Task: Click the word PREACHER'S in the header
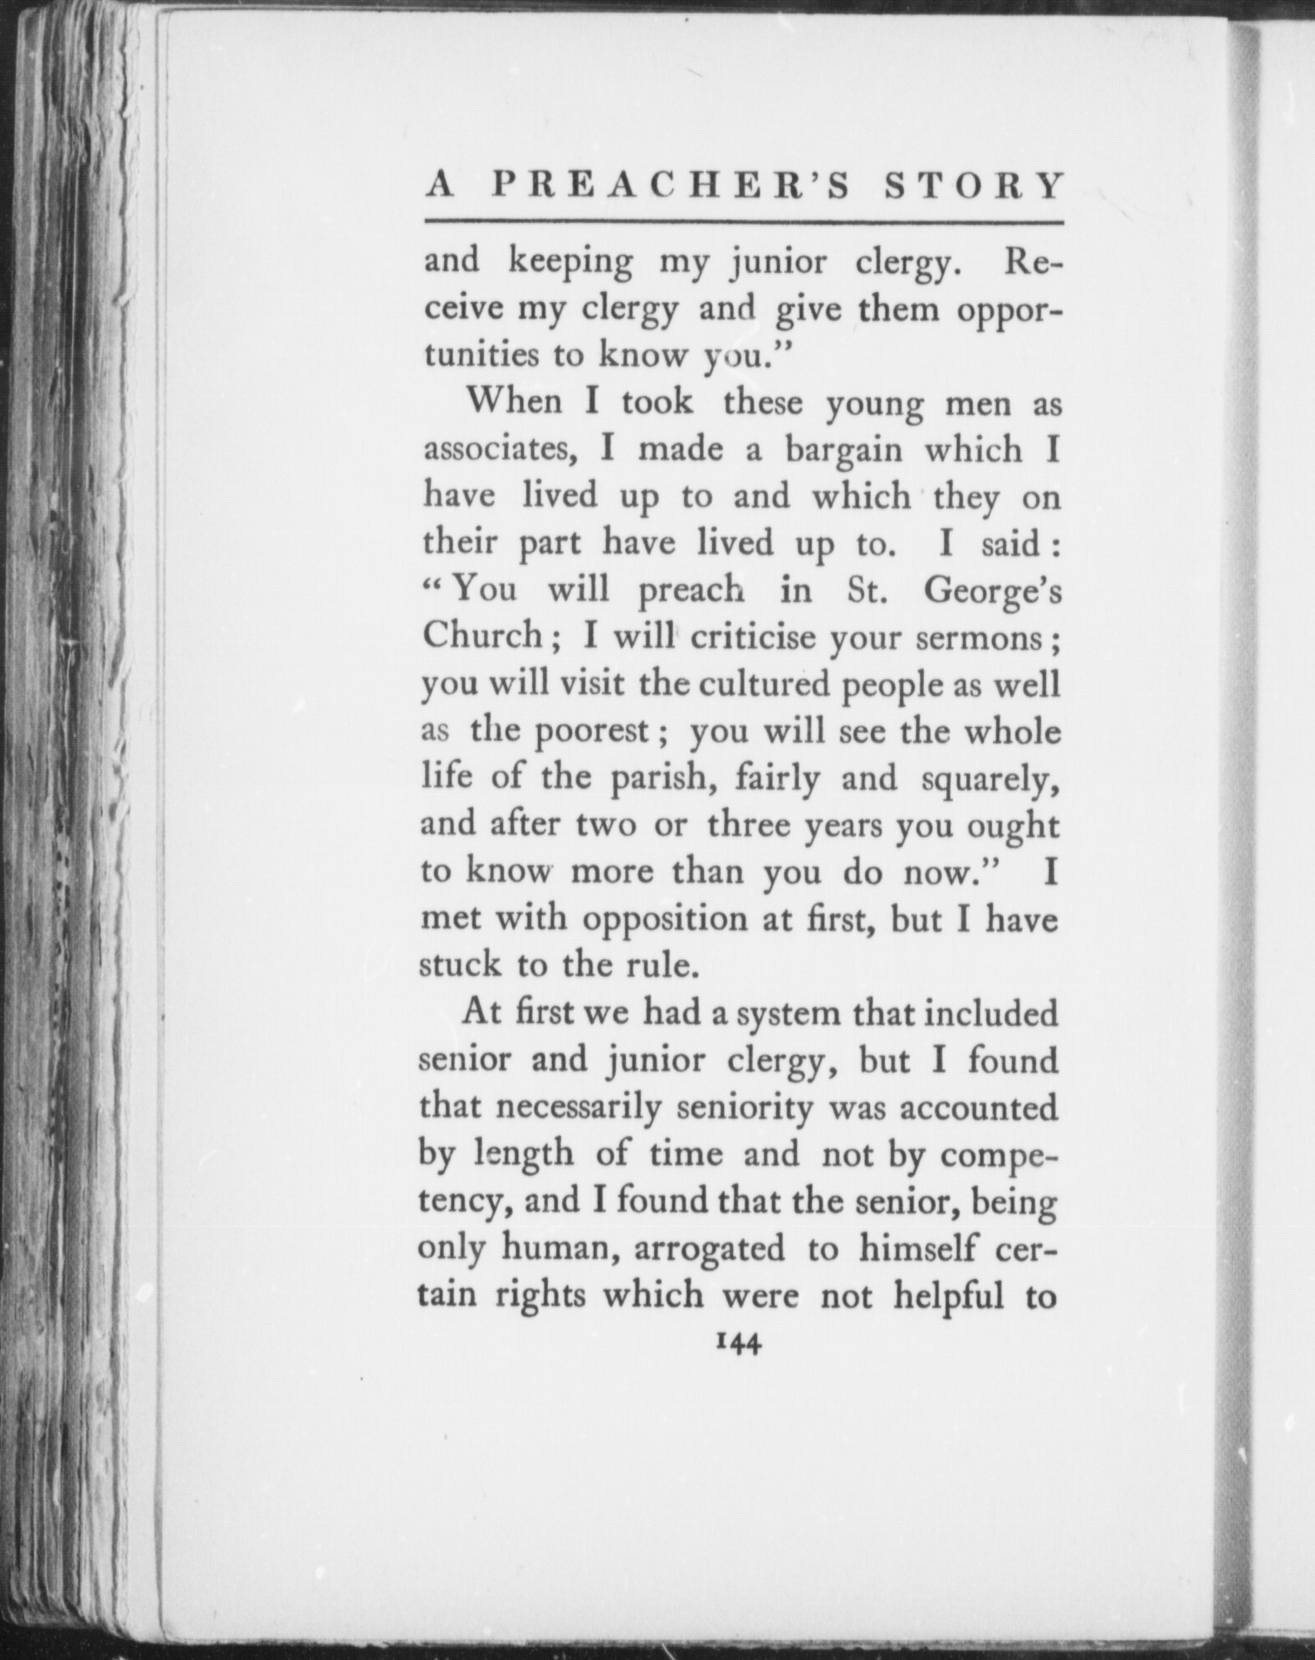click(x=671, y=187)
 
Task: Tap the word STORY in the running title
click(x=973, y=187)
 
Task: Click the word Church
click(x=482, y=637)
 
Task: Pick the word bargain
click(x=843, y=451)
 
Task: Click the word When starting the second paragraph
click(x=509, y=403)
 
